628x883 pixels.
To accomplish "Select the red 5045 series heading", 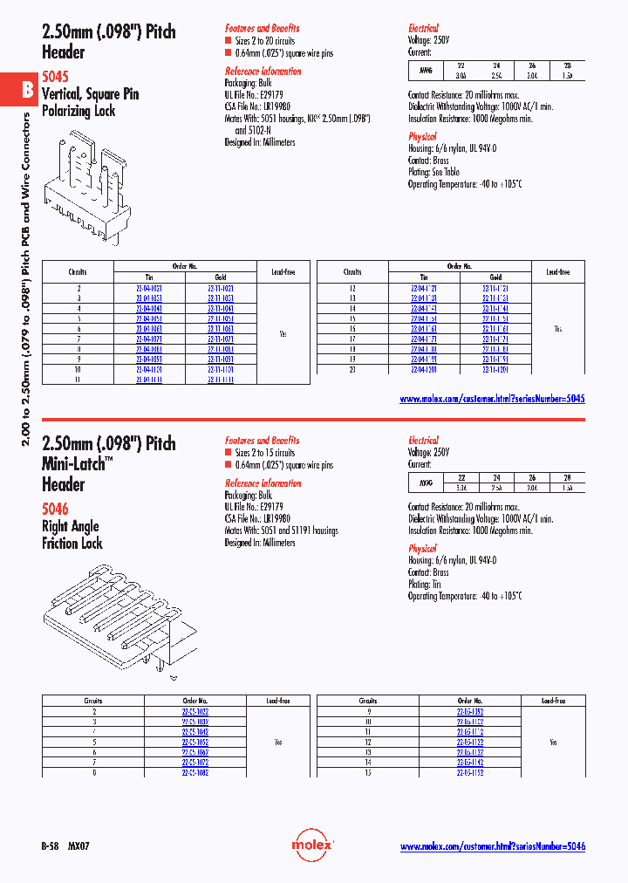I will point(55,77).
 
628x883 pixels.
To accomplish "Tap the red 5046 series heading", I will point(55,508).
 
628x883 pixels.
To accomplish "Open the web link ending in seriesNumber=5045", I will point(492,398).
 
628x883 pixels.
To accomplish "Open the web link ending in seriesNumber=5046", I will point(492,846).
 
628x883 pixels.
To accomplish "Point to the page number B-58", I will point(51,846).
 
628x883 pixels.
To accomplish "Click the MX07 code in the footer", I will point(78,846).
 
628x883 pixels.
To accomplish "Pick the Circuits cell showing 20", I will point(352,370).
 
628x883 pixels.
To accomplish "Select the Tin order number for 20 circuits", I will point(425,370).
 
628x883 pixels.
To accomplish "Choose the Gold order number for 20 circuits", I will point(495,370).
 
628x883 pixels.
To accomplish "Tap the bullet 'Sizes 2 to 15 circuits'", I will point(265,453).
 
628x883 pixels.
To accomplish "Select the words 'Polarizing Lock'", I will point(78,111).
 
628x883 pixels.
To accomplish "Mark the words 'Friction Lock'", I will point(72,544).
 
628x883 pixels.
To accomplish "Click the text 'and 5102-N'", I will point(254,129).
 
